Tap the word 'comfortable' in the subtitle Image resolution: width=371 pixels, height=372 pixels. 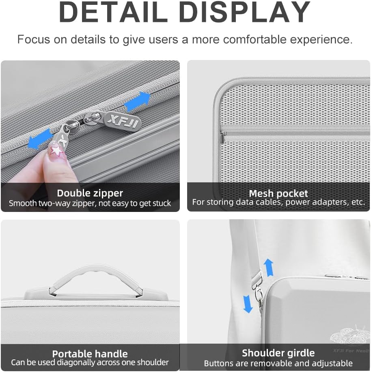click(x=255, y=39)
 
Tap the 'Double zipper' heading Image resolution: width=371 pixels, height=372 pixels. click(x=90, y=193)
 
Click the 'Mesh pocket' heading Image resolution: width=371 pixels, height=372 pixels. click(x=278, y=194)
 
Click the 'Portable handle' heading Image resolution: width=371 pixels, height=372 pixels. click(x=90, y=354)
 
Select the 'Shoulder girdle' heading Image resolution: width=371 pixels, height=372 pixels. click(x=278, y=353)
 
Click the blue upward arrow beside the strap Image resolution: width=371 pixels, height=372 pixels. click(x=269, y=267)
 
